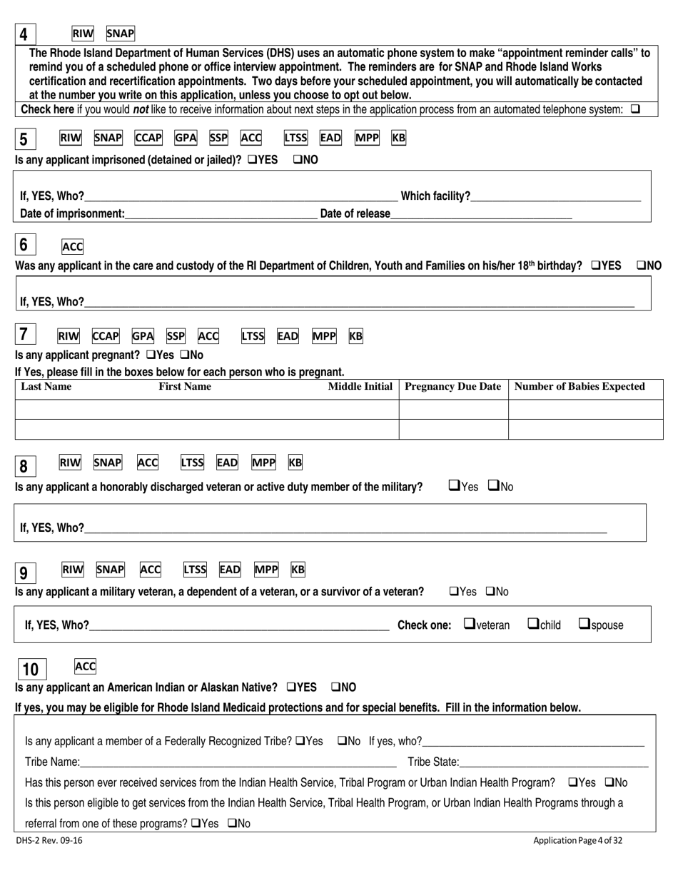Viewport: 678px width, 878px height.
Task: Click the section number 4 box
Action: (x=24, y=34)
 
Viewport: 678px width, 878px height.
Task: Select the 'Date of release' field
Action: (x=481, y=214)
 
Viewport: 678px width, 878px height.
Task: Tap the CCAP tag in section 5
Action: (x=148, y=138)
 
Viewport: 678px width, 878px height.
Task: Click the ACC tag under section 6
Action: (x=73, y=247)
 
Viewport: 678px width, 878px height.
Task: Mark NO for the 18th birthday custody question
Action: (x=640, y=266)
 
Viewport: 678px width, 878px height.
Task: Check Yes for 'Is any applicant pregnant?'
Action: (x=151, y=355)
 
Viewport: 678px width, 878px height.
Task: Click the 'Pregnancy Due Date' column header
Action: (x=453, y=387)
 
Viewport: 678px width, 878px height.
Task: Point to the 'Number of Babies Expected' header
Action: (x=580, y=387)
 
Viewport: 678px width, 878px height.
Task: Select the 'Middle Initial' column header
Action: (x=360, y=387)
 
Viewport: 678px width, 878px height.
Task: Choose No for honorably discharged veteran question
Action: (x=494, y=487)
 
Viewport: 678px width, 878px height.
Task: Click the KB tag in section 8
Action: (x=295, y=463)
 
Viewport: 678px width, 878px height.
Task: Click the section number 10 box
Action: (x=31, y=670)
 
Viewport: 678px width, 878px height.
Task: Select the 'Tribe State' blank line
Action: (x=554, y=763)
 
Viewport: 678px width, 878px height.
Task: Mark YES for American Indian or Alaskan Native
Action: (x=292, y=687)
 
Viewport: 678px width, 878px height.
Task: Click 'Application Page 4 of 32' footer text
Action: (x=577, y=841)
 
